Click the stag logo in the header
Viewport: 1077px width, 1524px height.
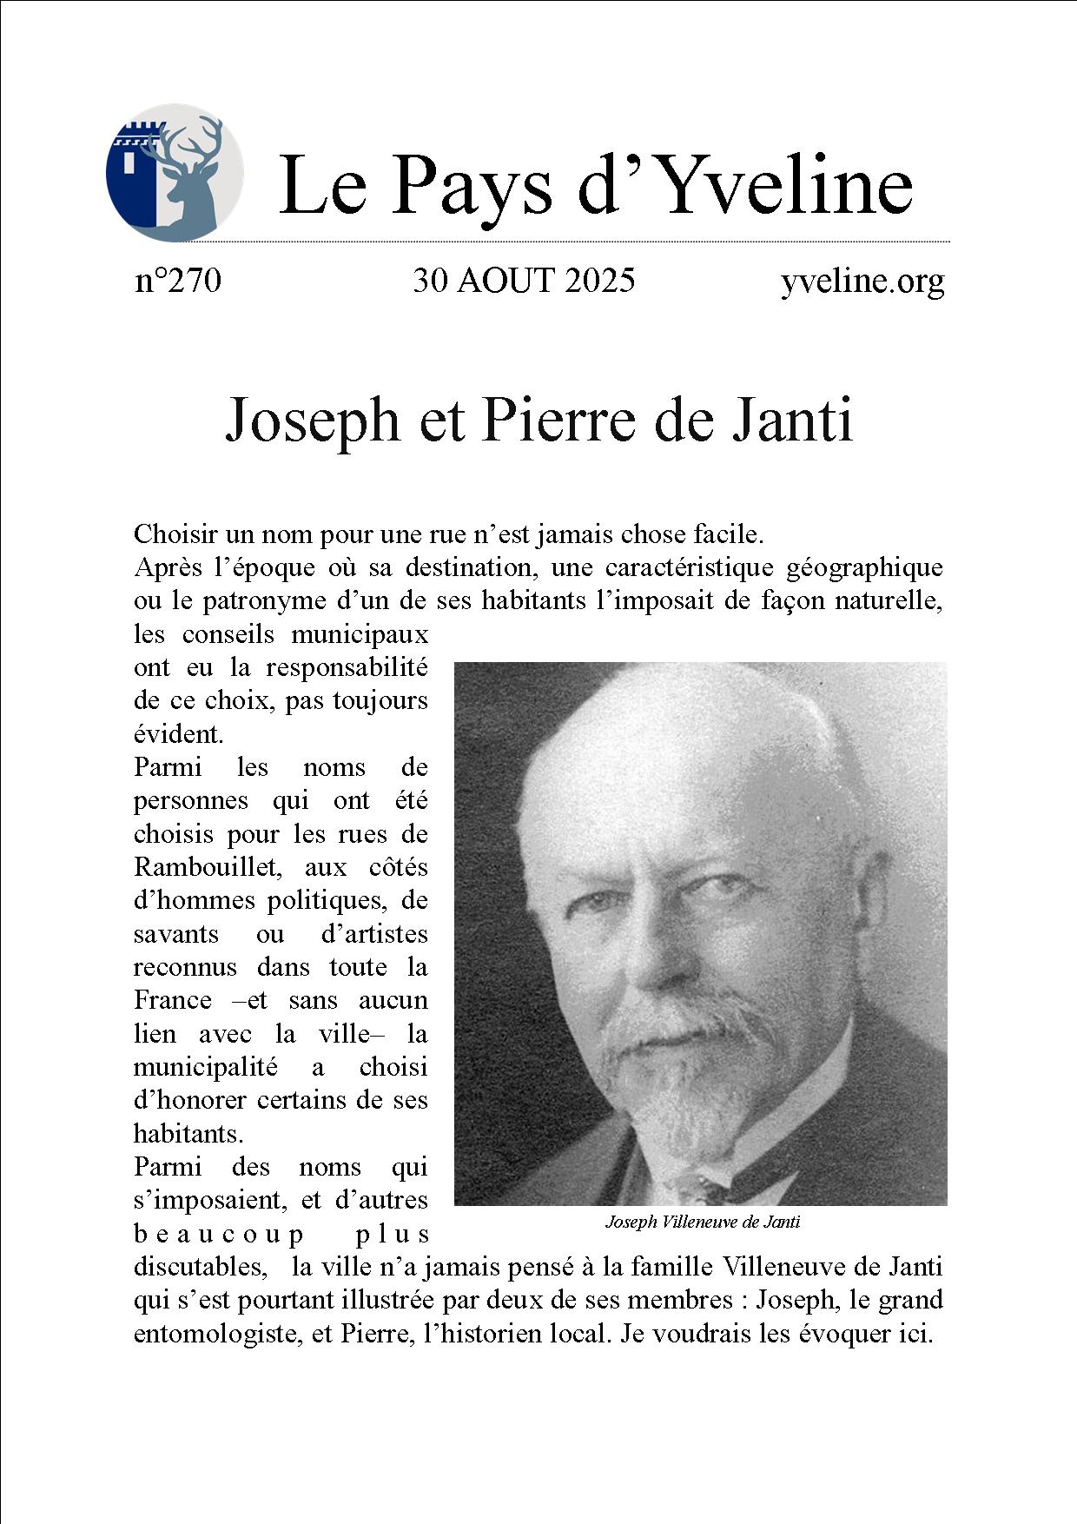175,171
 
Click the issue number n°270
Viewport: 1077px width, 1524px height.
178,281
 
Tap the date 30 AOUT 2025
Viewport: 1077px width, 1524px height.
524,281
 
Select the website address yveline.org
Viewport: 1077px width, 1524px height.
862,281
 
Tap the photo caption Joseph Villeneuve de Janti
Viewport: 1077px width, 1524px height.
702,1222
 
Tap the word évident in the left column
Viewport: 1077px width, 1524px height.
178,734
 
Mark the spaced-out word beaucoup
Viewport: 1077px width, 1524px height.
219,1234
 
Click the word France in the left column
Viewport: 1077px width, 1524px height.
172,1001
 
